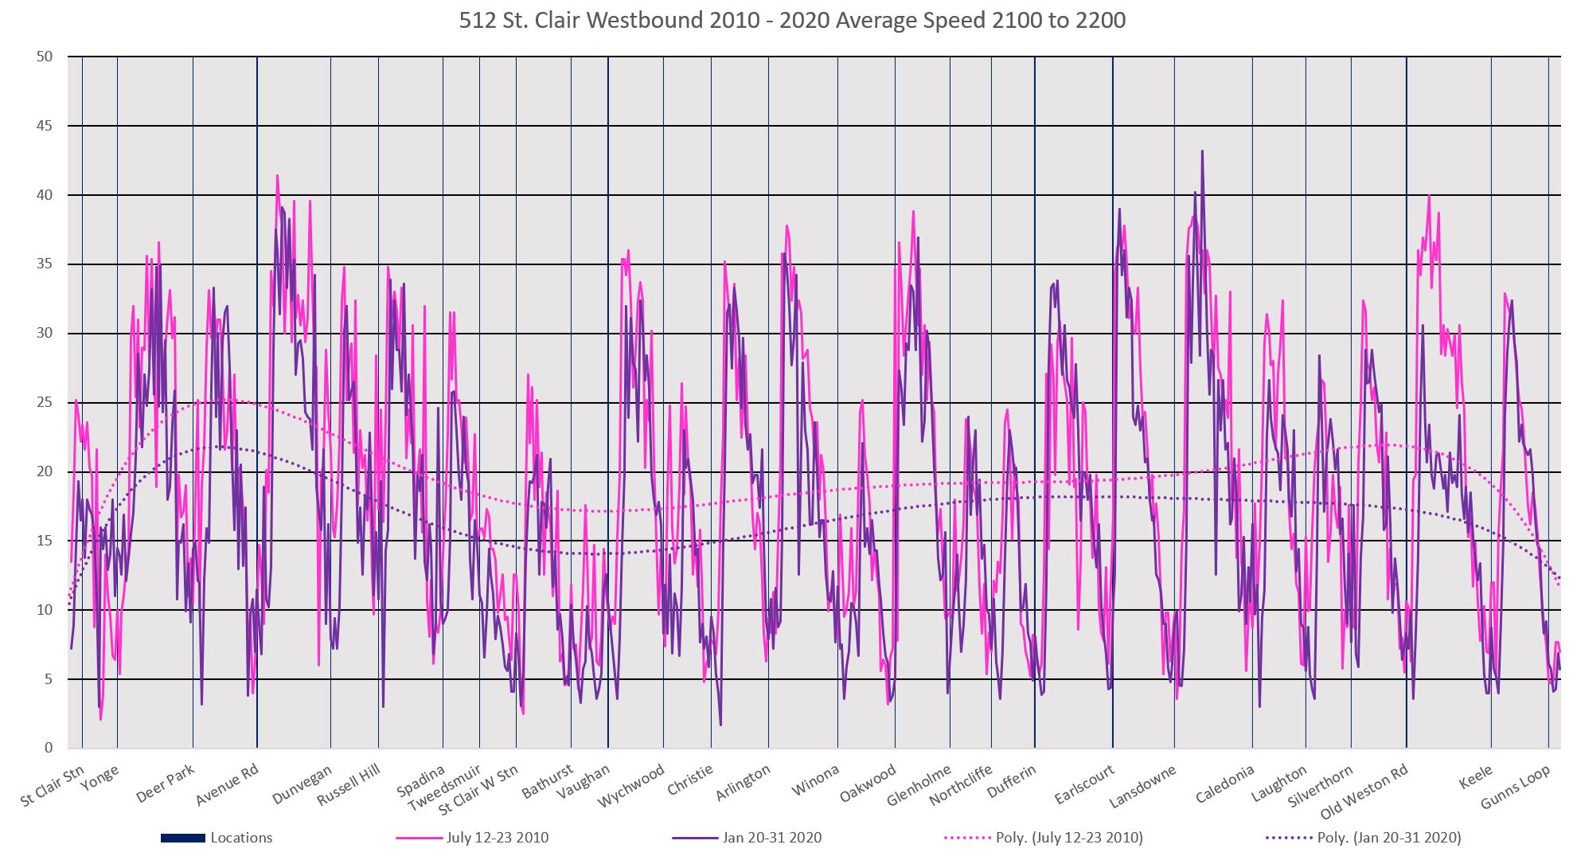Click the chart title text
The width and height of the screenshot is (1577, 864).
click(792, 21)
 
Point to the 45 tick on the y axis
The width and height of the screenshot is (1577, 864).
click(45, 126)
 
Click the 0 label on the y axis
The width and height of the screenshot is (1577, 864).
click(49, 749)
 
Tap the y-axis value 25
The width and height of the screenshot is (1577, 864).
click(45, 403)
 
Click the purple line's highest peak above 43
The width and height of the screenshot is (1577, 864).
click(1202, 151)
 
